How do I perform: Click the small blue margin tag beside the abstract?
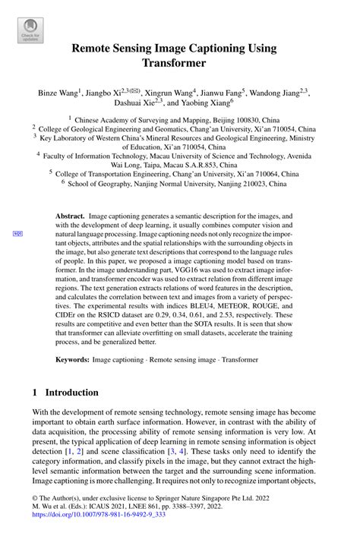tap(17, 233)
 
